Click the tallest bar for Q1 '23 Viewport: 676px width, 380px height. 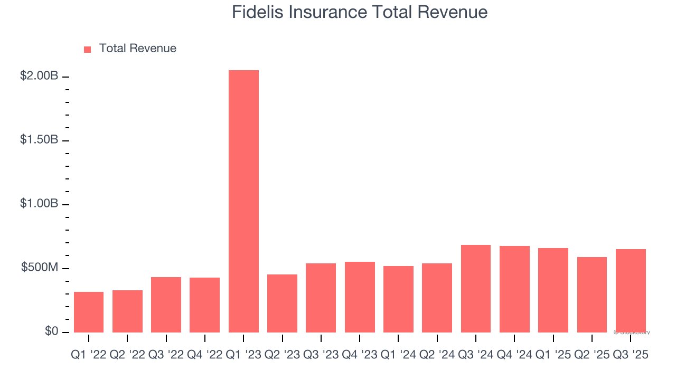(x=243, y=201)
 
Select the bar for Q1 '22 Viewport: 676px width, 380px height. (x=89, y=312)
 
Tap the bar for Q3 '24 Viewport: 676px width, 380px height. (x=476, y=289)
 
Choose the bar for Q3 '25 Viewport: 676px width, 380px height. (x=631, y=291)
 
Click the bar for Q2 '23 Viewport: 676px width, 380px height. (x=282, y=303)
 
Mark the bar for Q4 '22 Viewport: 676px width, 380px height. (x=204, y=305)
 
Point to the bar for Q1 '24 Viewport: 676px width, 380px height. (x=398, y=299)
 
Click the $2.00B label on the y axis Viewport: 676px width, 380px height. (x=39, y=76)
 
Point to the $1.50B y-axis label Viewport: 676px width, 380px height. (x=39, y=140)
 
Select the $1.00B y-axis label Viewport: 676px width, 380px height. (x=39, y=204)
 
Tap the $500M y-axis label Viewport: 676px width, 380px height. (x=40, y=268)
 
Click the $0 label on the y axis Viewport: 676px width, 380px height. (x=51, y=331)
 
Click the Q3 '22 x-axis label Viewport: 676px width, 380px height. (x=166, y=356)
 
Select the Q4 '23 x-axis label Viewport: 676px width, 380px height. (x=360, y=356)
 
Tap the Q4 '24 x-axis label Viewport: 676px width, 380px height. (x=514, y=356)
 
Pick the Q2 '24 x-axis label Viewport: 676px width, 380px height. (x=437, y=356)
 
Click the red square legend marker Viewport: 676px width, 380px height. (x=88, y=49)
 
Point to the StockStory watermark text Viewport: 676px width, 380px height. (x=632, y=332)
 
